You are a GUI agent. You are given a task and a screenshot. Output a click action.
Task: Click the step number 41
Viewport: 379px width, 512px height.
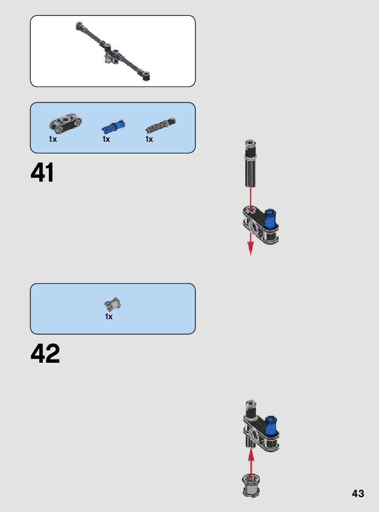point(42,173)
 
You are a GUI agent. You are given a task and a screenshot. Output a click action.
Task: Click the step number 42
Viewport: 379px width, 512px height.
point(45,354)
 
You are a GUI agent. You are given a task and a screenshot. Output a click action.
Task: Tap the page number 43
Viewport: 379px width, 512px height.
point(358,493)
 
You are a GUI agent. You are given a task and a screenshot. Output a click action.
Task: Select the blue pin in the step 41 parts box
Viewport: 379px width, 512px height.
point(113,126)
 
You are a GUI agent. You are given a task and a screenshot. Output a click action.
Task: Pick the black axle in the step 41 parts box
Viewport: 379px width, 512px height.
point(160,125)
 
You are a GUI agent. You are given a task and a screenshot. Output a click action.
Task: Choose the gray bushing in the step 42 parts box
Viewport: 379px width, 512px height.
point(113,304)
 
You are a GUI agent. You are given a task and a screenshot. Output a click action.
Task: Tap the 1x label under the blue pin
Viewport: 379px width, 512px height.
point(106,139)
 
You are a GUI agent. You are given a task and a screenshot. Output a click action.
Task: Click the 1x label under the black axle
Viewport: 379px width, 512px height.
point(149,139)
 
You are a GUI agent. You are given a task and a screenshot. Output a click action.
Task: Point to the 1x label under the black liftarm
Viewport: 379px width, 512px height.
point(53,139)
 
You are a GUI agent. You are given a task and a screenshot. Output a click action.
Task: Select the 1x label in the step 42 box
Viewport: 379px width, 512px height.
point(109,317)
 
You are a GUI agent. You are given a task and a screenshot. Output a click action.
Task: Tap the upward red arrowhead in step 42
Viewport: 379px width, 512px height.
point(251,453)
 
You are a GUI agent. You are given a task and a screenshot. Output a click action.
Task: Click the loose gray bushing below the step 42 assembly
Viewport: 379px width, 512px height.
point(251,484)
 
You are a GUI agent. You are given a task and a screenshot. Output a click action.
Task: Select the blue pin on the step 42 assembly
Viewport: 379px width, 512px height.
point(271,424)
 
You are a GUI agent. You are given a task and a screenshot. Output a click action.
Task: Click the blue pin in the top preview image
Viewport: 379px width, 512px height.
point(116,52)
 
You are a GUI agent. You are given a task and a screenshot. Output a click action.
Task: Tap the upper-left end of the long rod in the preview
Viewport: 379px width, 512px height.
point(80,24)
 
